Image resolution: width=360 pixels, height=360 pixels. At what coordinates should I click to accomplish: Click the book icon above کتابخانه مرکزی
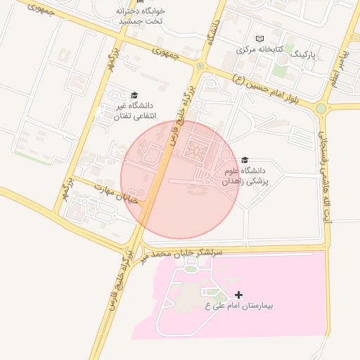259,39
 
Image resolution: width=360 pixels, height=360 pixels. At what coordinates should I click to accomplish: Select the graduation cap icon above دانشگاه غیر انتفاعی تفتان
134,95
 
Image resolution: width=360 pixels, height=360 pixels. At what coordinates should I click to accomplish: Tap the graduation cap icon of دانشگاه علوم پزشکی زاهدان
244,160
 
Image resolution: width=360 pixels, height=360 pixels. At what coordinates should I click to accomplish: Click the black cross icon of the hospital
238,295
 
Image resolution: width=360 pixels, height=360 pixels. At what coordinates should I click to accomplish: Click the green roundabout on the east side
321,108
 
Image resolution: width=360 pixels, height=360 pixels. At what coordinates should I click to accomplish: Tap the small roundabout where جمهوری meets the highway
200,66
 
